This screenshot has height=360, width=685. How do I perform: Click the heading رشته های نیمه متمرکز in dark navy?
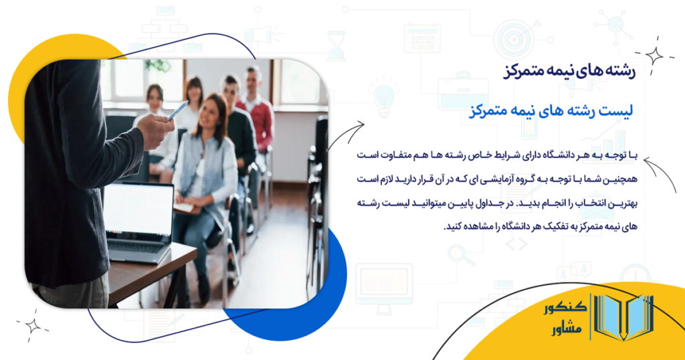pyautogui.click(x=570, y=71)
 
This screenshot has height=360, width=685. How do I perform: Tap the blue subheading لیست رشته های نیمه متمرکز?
pyautogui.click(x=551, y=110)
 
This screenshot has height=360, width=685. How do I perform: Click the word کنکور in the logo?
pyautogui.click(x=565, y=308)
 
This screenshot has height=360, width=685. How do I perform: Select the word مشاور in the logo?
pyautogui.click(x=567, y=329)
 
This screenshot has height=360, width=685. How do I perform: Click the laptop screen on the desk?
pyautogui.click(x=138, y=210)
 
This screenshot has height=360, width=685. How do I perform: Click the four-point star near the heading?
pyautogui.click(x=654, y=56)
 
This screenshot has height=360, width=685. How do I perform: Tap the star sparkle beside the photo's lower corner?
pyautogui.click(x=32, y=325)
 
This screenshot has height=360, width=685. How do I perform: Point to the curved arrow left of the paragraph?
pyautogui.click(x=346, y=134)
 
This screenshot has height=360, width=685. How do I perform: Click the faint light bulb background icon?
pyautogui.click(x=383, y=98)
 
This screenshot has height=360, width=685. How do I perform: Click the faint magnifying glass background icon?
pyautogui.click(x=460, y=256)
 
